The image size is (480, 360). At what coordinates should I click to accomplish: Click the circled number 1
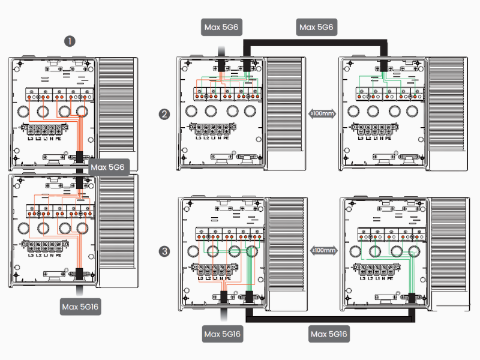point(71,41)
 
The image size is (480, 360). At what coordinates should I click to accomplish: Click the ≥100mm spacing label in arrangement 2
point(322,113)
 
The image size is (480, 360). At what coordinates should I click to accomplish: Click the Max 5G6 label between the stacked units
point(108,167)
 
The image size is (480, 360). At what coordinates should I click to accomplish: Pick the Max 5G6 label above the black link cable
point(316,27)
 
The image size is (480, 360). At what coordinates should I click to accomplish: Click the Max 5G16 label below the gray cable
point(221,334)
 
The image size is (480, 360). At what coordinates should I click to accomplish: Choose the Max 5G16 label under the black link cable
point(329,334)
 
